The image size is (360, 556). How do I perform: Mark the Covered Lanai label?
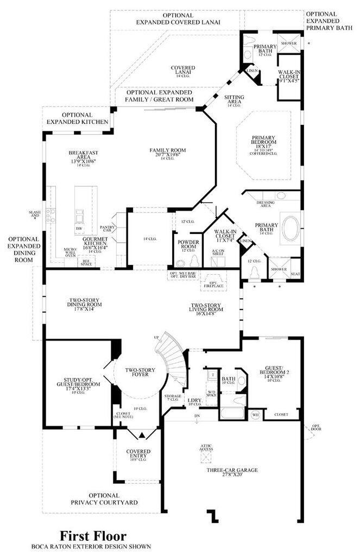(x=183, y=71)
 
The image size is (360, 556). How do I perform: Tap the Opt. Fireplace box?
(x=210, y=283)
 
